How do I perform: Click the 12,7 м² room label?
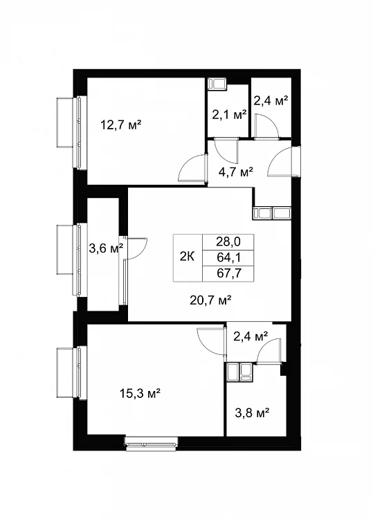pyautogui.click(x=121, y=125)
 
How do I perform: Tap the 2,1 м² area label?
pyautogui.click(x=229, y=114)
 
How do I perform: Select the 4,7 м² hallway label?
pyautogui.click(x=236, y=172)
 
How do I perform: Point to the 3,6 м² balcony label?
pyautogui.click(x=106, y=248)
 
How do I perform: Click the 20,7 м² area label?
pyautogui.click(x=210, y=300)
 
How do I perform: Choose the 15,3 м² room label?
pyautogui.click(x=140, y=394)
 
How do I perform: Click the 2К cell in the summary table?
pyautogui.click(x=188, y=257)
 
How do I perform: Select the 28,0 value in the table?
pyautogui.click(x=228, y=242)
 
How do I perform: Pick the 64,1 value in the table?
pyautogui.click(x=228, y=257)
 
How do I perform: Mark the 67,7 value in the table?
pyautogui.click(x=228, y=273)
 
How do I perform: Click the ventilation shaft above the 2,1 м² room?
pyautogui.click(x=217, y=84)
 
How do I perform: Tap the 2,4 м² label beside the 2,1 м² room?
pyautogui.click(x=271, y=100)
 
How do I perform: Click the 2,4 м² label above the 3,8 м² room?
pyautogui.click(x=251, y=336)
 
